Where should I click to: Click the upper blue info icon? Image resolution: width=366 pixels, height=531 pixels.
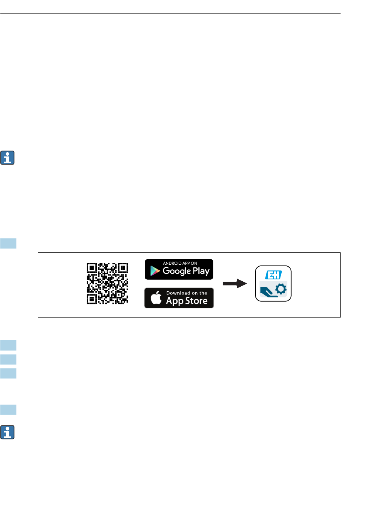click(7, 158)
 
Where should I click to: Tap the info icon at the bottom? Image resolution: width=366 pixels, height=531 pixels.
click(7, 432)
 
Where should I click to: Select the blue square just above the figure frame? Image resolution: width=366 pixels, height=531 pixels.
click(8, 243)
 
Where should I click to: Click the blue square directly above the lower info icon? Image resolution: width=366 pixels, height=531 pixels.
click(8, 409)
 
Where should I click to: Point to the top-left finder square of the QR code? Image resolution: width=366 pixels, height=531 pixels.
click(92, 268)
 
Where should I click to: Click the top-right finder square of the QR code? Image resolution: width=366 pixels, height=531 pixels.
click(123, 268)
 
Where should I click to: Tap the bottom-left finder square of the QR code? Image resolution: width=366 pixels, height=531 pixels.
click(92, 299)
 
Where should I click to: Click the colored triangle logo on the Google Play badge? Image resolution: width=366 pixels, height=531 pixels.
click(155, 271)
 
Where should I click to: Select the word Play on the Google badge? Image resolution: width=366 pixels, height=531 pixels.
click(201, 271)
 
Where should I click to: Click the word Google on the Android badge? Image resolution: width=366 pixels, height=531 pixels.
click(177, 271)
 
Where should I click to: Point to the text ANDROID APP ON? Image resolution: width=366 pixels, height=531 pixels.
click(180, 263)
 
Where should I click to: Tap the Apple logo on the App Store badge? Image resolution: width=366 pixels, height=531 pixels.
click(156, 298)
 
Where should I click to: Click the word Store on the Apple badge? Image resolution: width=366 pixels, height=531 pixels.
click(196, 301)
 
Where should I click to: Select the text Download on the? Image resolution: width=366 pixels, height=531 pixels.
click(186, 293)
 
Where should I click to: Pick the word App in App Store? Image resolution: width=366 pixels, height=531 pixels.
click(175, 301)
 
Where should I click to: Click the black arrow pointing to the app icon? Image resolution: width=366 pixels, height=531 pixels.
click(235, 284)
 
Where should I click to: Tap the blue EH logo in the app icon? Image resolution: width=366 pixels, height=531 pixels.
click(273, 275)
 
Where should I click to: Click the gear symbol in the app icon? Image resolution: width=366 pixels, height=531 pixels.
click(281, 289)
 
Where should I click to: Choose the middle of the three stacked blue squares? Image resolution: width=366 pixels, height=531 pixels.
click(8, 359)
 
